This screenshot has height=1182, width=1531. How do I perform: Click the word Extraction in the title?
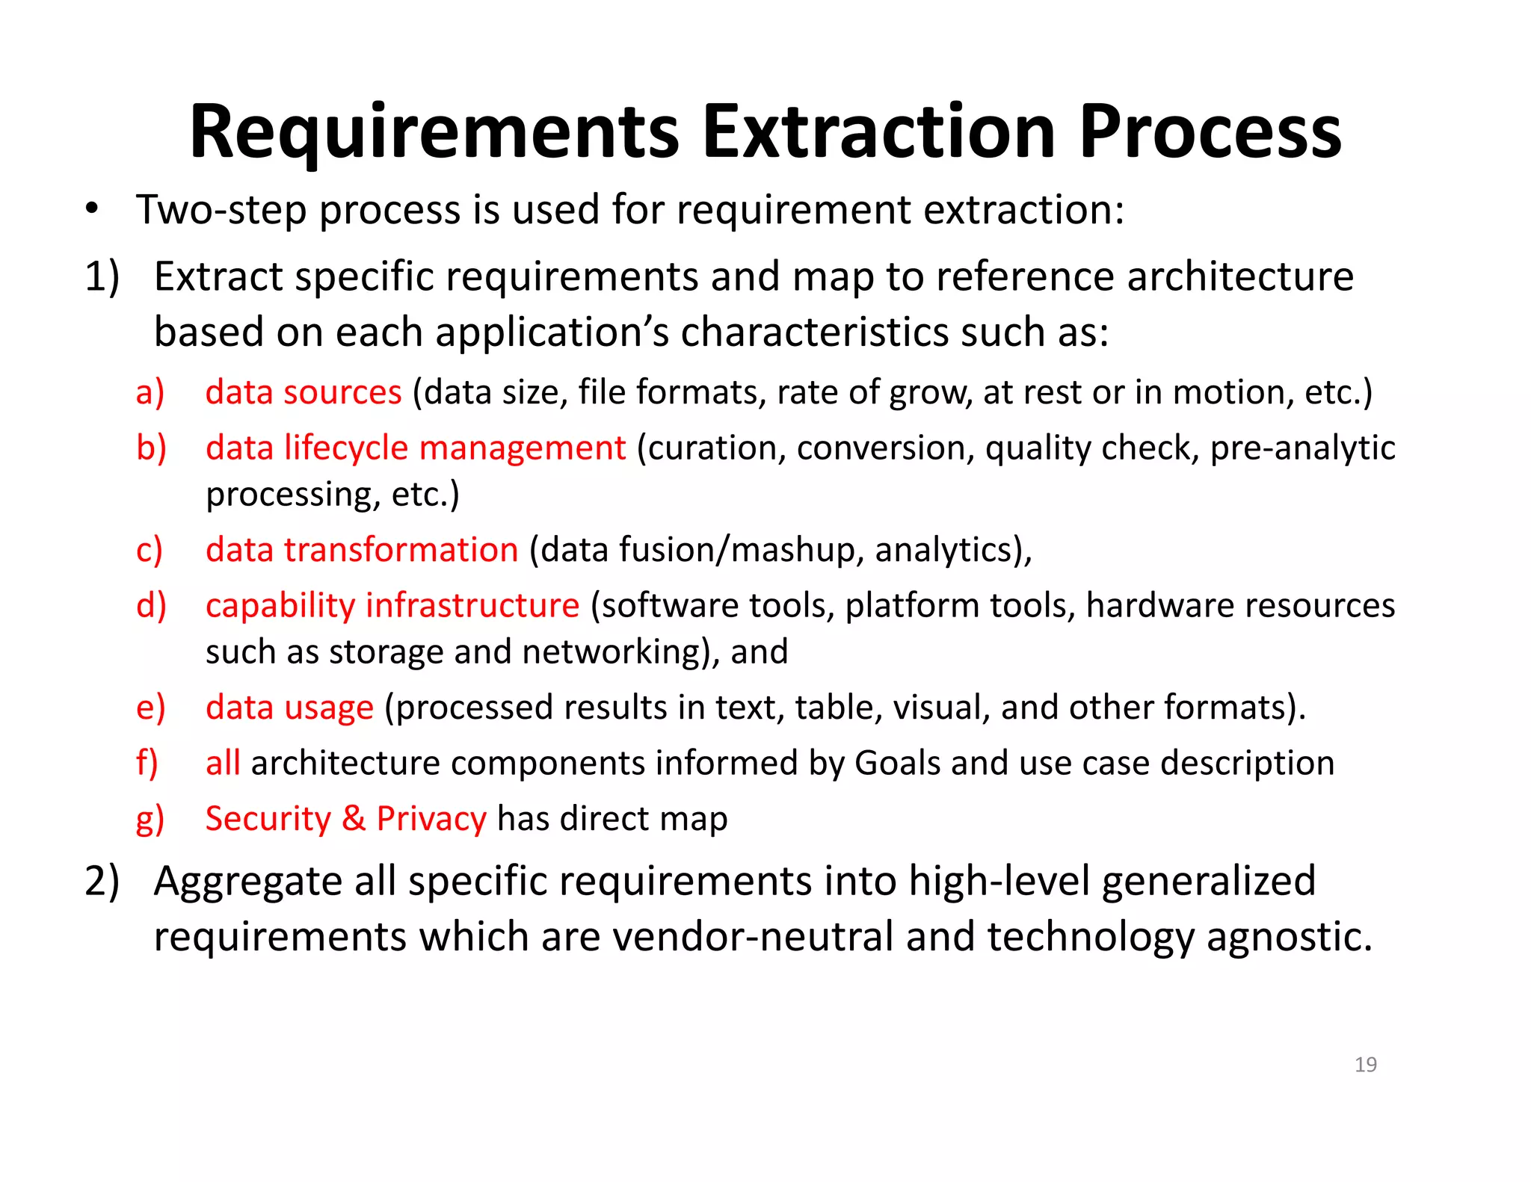click(x=879, y=132)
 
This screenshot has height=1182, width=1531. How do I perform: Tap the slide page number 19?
click(x=1365, y=1064)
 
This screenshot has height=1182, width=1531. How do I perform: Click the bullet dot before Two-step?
click(x=91, y=209)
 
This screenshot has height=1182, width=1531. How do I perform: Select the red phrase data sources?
click(x=304, y=392)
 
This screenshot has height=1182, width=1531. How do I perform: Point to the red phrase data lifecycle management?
click(x=416, y=448)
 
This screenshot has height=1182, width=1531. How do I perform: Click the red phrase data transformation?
click(x=362, y=550)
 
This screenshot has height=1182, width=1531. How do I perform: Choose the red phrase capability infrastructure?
click(x=392, y=605)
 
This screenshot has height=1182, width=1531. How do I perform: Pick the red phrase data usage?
click(x=289, y=708)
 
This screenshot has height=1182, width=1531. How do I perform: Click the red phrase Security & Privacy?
click(x=346, y=819)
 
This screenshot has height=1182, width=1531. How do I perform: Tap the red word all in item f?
click(x=223, y=764)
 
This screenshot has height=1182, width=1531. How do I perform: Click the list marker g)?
click(x=150, y=820)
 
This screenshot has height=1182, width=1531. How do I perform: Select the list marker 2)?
click(x=102, y=881)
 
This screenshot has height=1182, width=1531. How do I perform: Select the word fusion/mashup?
click(x=736, y=551)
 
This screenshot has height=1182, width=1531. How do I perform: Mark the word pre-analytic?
click(x=1302, y=448)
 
